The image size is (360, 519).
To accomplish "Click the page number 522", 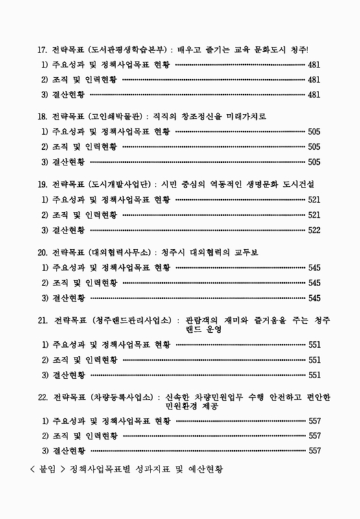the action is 315,230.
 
